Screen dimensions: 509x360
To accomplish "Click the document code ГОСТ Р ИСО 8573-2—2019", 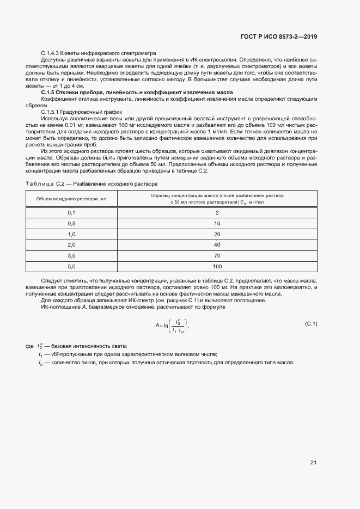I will (279, 37).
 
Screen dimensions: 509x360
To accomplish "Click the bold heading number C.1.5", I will (51, 93).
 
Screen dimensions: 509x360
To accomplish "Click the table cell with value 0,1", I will (71, 213).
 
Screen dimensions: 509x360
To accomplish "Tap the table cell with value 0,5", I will (71, 224).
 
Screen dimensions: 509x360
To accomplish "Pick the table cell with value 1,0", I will (71, 234).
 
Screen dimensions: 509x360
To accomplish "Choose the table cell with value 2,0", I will (71, 245).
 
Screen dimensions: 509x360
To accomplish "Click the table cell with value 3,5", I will (71, 255).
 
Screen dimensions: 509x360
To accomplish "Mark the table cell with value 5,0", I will (71, 266).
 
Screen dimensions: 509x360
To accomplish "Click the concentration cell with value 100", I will (217, 266).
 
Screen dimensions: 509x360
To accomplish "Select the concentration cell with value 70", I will (217, 255).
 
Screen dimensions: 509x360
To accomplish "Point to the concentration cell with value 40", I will (217, 245).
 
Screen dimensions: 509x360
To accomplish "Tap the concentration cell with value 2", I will (217, 213).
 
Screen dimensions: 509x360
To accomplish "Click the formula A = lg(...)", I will (172, 326).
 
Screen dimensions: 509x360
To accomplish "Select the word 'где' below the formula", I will (30, 347).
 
